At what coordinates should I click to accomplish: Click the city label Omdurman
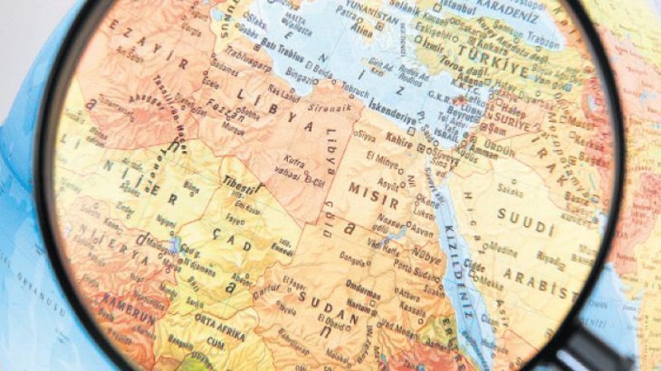363,284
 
